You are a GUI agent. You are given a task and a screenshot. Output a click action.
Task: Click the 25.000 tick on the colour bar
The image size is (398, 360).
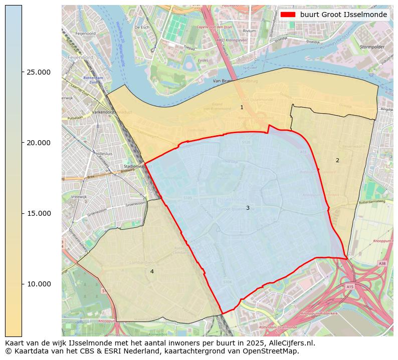(38, 72)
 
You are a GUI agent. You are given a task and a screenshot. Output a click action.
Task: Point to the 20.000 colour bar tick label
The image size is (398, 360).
(38, 143)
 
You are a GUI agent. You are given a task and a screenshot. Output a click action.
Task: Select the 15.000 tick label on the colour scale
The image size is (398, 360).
(38, 213)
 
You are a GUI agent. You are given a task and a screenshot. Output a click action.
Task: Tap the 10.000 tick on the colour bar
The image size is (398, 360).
(38, 284)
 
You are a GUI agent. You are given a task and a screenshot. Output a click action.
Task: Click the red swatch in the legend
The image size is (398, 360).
(288, 15)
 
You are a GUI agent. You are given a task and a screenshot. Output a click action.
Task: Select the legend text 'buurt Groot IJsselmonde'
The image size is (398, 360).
(343, 15)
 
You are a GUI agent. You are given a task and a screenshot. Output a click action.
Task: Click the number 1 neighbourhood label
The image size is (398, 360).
(242, 107)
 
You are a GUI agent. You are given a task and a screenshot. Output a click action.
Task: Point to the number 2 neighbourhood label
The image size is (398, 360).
(337, 160)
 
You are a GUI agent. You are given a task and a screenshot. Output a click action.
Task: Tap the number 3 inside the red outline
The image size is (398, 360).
(248, 208)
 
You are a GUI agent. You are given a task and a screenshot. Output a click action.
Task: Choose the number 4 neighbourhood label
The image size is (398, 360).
(152, 271)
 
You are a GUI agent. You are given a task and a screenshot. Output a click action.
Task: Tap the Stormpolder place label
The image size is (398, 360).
(371, 47)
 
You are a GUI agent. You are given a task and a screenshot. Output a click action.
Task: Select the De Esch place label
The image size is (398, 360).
(142, 27)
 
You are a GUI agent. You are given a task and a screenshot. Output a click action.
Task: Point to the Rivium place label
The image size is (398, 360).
(249, 31)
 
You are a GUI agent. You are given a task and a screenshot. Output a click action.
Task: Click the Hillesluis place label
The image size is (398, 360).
(106, 154)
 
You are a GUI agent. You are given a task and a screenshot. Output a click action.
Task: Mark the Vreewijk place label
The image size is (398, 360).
(79, 197)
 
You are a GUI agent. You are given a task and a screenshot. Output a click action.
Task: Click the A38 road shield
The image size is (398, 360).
(382, 263)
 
